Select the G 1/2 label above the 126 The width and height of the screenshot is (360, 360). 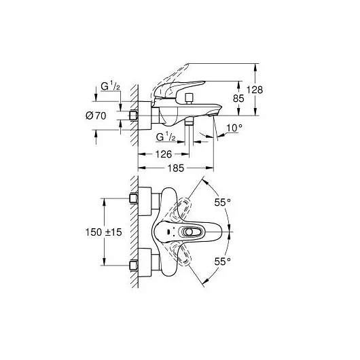point(166,137)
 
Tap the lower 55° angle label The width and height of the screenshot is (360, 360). point(223,260)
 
